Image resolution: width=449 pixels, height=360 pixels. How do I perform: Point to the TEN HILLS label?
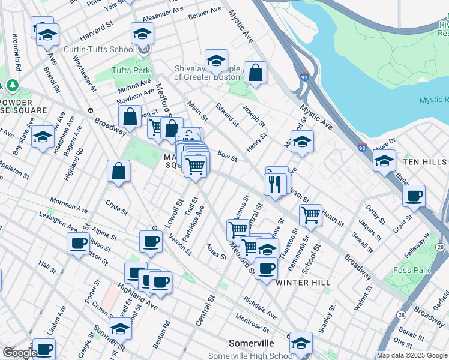tap(426, 163)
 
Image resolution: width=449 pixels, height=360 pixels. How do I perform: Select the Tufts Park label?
tap(130, 70)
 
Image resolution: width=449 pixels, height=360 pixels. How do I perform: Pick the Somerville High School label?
tap(250, 356)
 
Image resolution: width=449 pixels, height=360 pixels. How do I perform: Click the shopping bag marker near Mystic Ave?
tap(256, 73)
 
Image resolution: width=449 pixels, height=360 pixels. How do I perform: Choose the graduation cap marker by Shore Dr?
tap(384, 161)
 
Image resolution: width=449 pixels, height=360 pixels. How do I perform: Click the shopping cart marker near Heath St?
tap(310, 214)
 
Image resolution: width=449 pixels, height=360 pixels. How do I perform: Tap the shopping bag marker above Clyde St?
tap(119, 171)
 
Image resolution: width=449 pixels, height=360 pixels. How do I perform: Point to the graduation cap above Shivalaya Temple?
tap(216, 60)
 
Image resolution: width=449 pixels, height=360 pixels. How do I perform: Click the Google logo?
tap(19, 353)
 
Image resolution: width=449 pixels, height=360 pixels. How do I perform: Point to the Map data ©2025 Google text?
tap(411, 355)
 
